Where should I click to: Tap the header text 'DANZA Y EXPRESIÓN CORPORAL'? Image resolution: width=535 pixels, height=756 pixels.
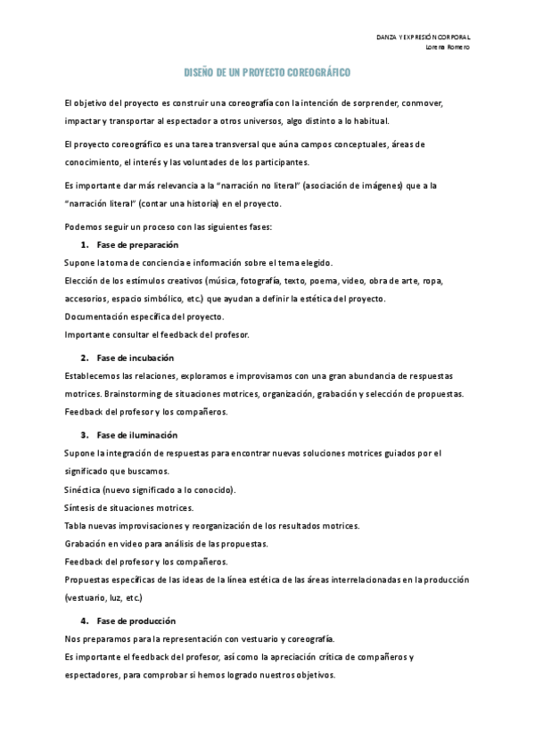424,37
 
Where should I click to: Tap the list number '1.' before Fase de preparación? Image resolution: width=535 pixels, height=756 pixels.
84,244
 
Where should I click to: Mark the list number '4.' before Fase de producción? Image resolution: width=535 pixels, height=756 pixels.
84,620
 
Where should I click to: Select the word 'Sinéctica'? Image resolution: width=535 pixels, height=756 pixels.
82,489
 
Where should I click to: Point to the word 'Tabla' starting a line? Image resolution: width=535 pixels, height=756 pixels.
75,526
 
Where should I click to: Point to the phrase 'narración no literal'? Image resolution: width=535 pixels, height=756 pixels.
295,185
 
